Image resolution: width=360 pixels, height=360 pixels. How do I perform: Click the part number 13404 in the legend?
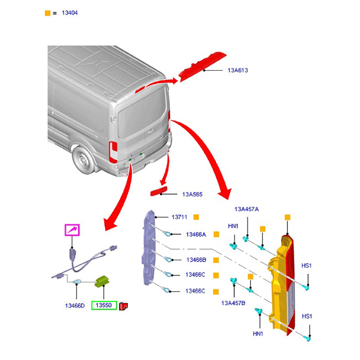[x=69, y=13]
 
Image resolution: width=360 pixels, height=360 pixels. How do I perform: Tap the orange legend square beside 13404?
[x=48, y=13]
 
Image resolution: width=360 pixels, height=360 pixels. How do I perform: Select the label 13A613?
[x=238, y=70]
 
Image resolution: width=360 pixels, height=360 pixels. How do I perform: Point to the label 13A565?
[x=192, y=194]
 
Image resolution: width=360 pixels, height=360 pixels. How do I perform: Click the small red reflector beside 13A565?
[x=160, y=193]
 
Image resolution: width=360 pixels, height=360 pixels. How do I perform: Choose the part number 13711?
[x=179, y=217]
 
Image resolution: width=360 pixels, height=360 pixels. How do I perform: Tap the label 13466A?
[x=196, y=234]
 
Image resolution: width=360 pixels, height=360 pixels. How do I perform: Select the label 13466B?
[x=196, y=260]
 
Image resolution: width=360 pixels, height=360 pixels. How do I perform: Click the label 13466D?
[x=75, y=306]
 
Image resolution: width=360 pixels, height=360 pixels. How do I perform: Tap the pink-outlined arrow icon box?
[x=72, y=230]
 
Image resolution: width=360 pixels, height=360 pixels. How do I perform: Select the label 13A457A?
[x=247, y=209]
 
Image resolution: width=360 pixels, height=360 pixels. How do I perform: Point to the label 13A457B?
[x=233, y=303]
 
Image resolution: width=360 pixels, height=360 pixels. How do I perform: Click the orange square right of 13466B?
[x=216, y=260]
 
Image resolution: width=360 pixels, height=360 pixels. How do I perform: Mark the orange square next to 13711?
[x=196, y=217]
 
